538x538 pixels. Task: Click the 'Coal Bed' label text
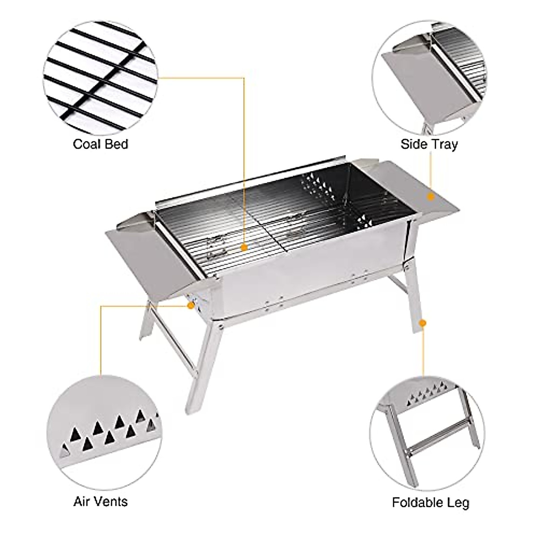tap(100, 144)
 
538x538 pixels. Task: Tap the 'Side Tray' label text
tap(429, 144)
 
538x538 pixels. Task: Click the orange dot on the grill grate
tap(244, 247)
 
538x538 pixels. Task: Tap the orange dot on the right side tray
tap(430, 196)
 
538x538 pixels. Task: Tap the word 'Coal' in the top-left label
tap(86, 144)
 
